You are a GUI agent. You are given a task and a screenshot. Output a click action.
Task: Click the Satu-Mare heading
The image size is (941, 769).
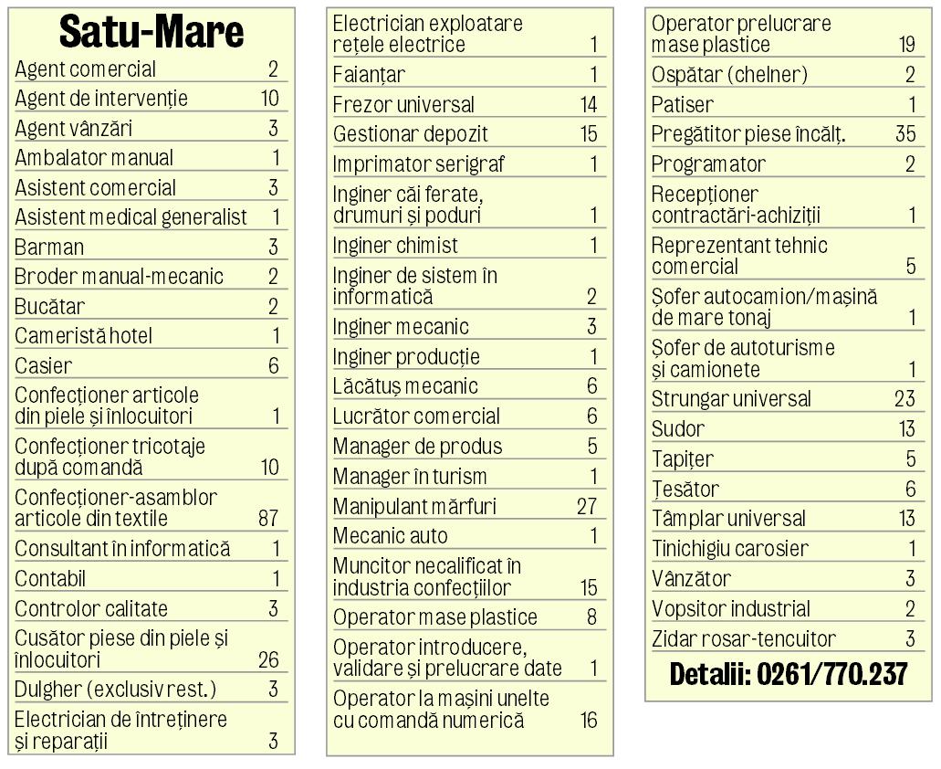coord(152,32)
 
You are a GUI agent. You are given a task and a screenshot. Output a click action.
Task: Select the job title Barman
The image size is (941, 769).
coord(49,248)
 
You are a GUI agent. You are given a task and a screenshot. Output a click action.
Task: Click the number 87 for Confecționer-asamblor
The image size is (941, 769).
coord(268,519)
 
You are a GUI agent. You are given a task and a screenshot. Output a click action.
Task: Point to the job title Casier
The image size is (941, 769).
coord(43,366)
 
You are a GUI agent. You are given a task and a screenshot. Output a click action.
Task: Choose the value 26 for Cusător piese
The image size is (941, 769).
coord(268,659)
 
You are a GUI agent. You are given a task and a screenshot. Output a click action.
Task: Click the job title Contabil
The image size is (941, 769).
coord(50,579)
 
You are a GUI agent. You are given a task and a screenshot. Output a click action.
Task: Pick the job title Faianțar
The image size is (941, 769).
coord(369,75)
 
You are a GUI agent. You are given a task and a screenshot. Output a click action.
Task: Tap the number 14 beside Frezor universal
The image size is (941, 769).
coord(589,105)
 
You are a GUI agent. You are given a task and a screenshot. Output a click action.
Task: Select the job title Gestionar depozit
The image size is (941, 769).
coord(410,134)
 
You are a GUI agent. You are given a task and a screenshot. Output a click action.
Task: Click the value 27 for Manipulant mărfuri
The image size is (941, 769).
coord(587,506)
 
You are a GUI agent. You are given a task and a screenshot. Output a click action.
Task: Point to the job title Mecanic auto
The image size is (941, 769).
coord(390,536)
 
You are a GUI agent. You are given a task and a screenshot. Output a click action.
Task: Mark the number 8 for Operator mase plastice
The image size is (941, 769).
coord(591,617)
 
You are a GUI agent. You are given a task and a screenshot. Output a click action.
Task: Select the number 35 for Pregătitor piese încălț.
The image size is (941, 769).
coord(905,134)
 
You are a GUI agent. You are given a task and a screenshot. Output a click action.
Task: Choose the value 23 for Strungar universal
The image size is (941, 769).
coord(904,399)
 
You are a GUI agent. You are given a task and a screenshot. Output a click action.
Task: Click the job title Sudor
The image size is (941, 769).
coord(678,429)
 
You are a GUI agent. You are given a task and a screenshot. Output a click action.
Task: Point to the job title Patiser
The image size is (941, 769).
coord(683,105)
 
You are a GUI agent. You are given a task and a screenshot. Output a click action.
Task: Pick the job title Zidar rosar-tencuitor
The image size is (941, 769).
coord(744,639)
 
